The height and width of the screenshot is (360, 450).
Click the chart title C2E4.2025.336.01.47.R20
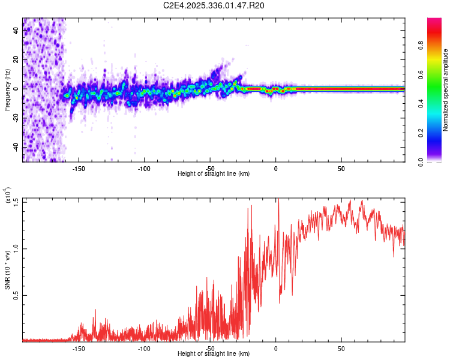pos(214,6)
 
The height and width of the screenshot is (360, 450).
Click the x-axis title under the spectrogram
pos(214,174)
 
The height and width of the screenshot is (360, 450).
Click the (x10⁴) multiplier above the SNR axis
pos(7,196)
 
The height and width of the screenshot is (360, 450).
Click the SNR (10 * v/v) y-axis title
pos(7,270)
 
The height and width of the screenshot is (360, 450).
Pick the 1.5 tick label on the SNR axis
pos(16,200)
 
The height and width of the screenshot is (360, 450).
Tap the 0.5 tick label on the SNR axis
pos(16,295)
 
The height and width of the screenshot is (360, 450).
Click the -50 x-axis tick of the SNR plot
pos(210,349)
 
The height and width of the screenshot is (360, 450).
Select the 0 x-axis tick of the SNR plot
pos(275,349)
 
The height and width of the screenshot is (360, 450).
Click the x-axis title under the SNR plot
pos(214,355)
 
